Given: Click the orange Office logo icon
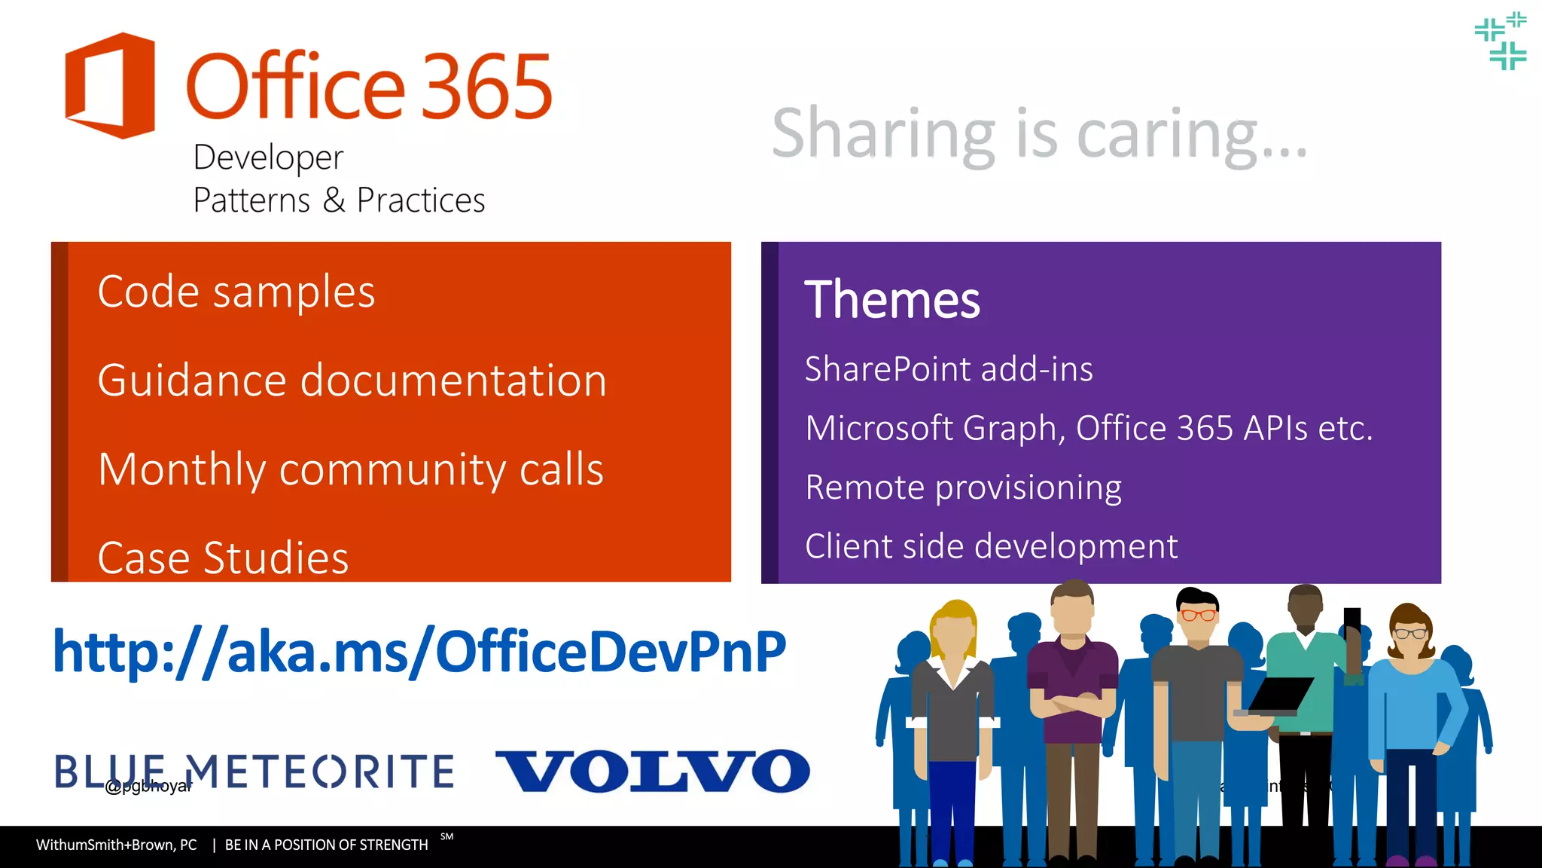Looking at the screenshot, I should pyautogui.click(x=110, y=85).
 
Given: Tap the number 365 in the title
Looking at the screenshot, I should pyautogui.click(x=486, y=87).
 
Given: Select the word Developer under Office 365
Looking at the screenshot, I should pyautogui.click(x=268, y=157).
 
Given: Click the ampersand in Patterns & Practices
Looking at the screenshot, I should pyautogui.click(x=334, y=200).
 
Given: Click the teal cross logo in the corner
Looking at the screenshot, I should pyautogui.click(x=1501, y=41).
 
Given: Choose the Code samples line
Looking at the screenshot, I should pyautogui.click(x=236, y=292).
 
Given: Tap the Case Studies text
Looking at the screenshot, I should pyautogui.click(x=223, y=558).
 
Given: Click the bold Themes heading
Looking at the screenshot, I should pyautogui.click(x=892, y=300).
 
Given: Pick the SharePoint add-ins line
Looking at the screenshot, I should pyautogui.click(x=949, y=369).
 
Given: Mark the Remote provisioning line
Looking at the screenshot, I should pyautogui.click(x=963, y=487).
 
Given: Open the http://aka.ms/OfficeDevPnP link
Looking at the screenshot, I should pyautogui.click(x=419, y=651).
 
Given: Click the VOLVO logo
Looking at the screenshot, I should pyautogui.click(x=652, y=771).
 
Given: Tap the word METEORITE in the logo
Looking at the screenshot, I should pyautogui.click(x=320, y=772).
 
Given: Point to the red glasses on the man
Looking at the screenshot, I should pyautogui.click(x=1197, y=615).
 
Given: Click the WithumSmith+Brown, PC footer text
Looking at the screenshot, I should pyautogui.click(x=117, y=845).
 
